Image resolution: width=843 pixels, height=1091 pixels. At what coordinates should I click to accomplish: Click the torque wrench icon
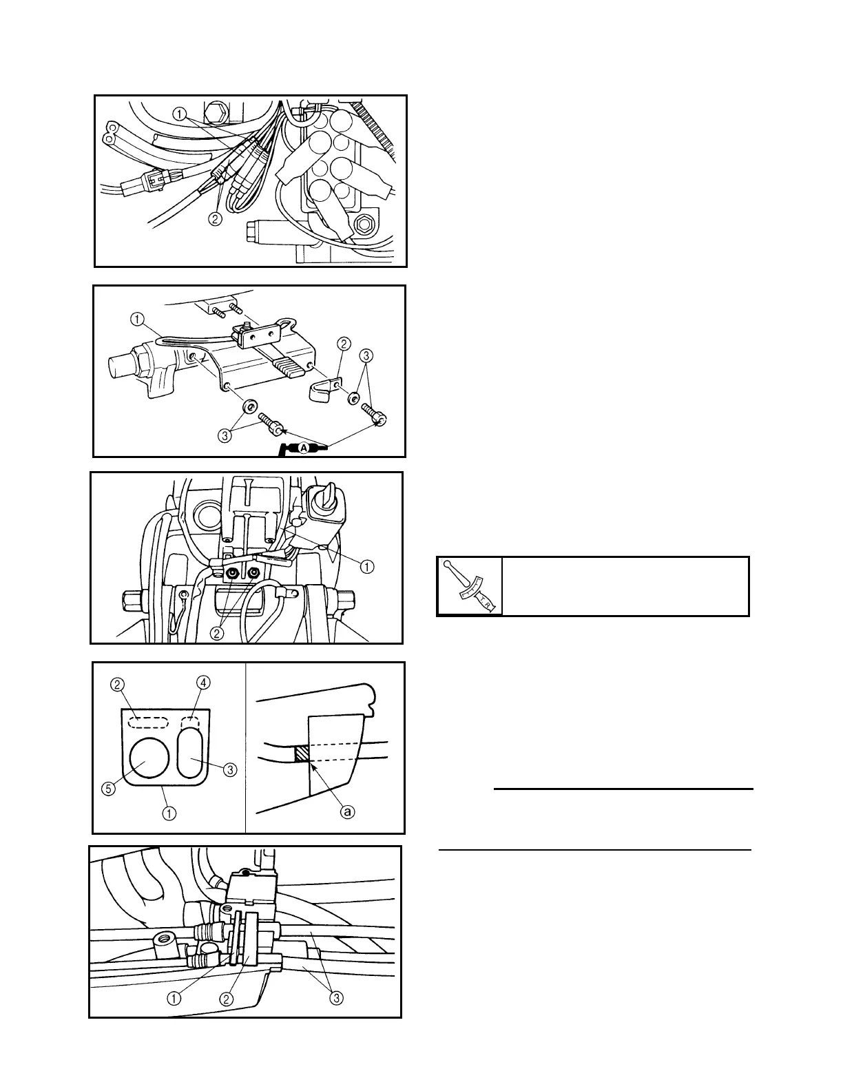point(470,586)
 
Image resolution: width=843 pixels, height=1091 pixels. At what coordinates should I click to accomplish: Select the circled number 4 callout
point(204,683)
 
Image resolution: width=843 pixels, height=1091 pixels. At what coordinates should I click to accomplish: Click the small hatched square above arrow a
point(302,755)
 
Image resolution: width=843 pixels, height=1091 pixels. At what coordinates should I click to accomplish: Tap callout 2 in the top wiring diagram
point(216,219)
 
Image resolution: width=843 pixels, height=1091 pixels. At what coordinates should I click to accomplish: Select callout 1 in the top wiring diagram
point(180,115)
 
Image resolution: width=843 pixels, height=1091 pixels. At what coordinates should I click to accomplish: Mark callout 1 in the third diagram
point(367,566)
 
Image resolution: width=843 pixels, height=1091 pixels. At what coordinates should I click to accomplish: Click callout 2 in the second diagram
point(343,342)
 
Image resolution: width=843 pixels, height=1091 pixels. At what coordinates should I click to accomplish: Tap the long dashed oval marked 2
point(151,723)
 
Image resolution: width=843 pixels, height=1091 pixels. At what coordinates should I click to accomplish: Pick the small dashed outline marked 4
point(190,723)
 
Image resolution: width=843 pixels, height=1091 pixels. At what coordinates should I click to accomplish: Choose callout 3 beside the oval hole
point(230,770)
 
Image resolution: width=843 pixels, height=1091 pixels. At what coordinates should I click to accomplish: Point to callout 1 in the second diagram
point(137,319)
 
